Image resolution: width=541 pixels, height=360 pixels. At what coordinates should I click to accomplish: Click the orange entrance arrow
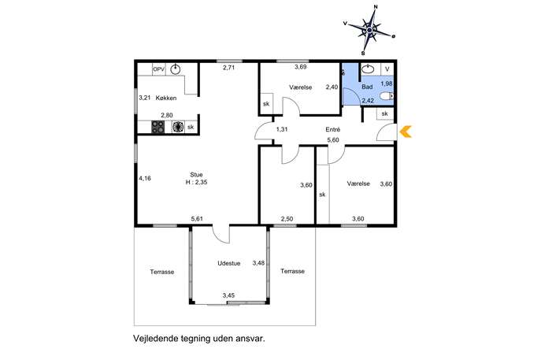[405, 132]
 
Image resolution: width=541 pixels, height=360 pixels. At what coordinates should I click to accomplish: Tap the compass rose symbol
[369, 31]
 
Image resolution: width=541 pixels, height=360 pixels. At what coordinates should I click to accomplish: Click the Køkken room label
[166, 98]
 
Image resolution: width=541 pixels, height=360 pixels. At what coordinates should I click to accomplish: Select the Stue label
[196, 175]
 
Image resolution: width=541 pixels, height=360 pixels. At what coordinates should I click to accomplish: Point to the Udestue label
[228, 263]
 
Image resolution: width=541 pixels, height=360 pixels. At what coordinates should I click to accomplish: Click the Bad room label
[367, 87]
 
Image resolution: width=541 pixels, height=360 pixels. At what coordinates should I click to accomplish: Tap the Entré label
[333, 130]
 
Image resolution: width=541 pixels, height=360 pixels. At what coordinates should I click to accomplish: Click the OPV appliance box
[159, 69]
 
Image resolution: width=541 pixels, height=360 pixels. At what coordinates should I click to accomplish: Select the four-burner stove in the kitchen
[158, 127]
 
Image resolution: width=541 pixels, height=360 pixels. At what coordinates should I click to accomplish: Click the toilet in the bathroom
[387, 96]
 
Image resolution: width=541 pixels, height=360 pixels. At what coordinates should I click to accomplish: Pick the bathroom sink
[368, 69]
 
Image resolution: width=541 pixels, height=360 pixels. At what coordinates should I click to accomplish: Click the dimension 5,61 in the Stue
[197, 219]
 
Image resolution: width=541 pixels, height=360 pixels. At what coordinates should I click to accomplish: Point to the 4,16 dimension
[145, 179]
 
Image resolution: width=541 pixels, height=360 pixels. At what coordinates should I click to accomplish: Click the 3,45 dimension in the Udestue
[228, 295]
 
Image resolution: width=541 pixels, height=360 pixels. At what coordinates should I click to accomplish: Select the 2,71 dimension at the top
[228, 68]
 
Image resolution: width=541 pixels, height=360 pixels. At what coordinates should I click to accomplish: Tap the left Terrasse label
[161, 272]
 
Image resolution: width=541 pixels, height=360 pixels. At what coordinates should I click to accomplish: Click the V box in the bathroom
[387, 69]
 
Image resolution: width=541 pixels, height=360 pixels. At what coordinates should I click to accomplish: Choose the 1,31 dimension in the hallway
[282, 130]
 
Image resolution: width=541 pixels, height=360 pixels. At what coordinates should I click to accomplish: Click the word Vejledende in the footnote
[156, 339]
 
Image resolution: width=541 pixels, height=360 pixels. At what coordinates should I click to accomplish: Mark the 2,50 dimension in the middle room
[287, 219]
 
